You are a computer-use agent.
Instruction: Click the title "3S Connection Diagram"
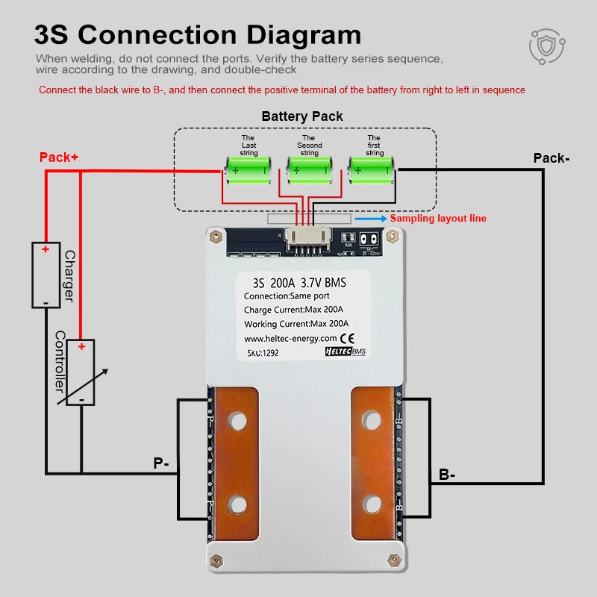tap(198, 34)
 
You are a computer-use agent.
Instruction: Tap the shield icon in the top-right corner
tap(548, 47)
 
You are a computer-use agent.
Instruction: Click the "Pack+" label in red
tap(59, 157)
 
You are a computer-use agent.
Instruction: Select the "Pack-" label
tap(551, 158)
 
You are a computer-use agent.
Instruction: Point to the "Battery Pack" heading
tap(302, 116)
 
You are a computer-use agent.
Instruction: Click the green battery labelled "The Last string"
tap(248, 171)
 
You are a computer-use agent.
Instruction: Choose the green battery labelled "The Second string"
tap(308, 171)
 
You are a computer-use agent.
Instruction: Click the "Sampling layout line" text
tap(438, 219)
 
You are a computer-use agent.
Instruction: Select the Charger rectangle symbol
tap(46, 275)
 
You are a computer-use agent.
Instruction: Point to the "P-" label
tap(161, 463)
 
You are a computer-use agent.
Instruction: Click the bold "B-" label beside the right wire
tap(447, 474)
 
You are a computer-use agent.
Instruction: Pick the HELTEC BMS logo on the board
tap(348, 351)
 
